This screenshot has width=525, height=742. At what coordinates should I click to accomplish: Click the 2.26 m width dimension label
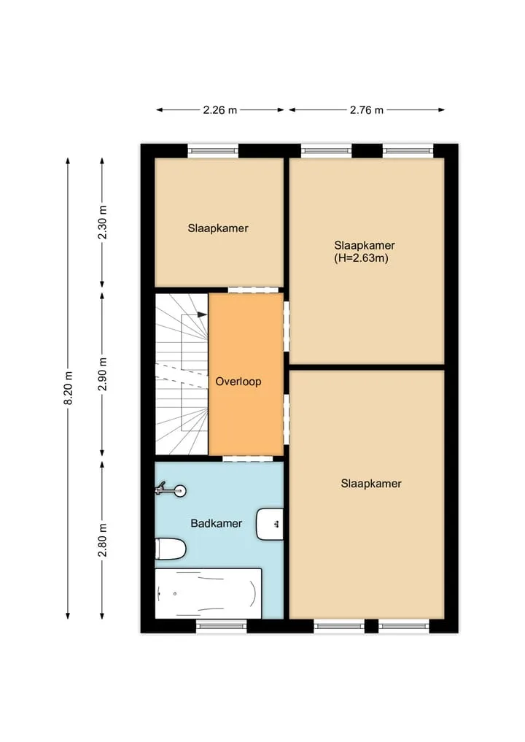tap(220, 110)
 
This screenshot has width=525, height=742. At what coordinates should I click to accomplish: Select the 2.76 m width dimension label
tap(367, 110)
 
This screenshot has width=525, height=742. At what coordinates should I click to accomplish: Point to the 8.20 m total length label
tap(68, 387)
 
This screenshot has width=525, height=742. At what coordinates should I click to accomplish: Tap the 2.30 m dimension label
tap(102, 222)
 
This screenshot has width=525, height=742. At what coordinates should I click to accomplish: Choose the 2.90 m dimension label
tap(102, 374)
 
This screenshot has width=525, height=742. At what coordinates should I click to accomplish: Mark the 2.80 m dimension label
tap(102, 540)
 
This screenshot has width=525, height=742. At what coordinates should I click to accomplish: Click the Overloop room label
tap(238, 382)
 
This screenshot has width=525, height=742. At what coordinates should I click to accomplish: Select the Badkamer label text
tap(216, 523)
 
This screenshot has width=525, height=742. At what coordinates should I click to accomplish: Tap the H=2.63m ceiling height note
tap(362, 258)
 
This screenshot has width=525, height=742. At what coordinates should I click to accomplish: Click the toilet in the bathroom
tap(171, 549)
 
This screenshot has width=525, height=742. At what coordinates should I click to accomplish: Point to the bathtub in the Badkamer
tap(208, 593)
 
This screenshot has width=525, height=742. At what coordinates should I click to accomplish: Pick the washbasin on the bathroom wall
tap(270, 525)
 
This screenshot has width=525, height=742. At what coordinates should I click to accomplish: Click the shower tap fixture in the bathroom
tap(171, 490)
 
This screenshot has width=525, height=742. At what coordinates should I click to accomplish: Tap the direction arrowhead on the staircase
tap(202, 314)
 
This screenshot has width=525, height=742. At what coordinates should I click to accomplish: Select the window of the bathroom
tap(222, 626)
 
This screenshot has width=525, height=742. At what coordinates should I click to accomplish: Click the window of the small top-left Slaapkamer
tap(213, 150)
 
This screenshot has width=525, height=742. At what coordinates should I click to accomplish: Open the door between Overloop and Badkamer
tap(248, 458)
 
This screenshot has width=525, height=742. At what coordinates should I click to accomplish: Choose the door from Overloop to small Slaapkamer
tap(253, 290)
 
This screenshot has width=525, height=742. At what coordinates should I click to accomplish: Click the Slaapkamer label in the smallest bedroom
tap(218, 228)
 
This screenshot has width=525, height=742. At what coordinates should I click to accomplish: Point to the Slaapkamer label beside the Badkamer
tap(371, 484)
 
